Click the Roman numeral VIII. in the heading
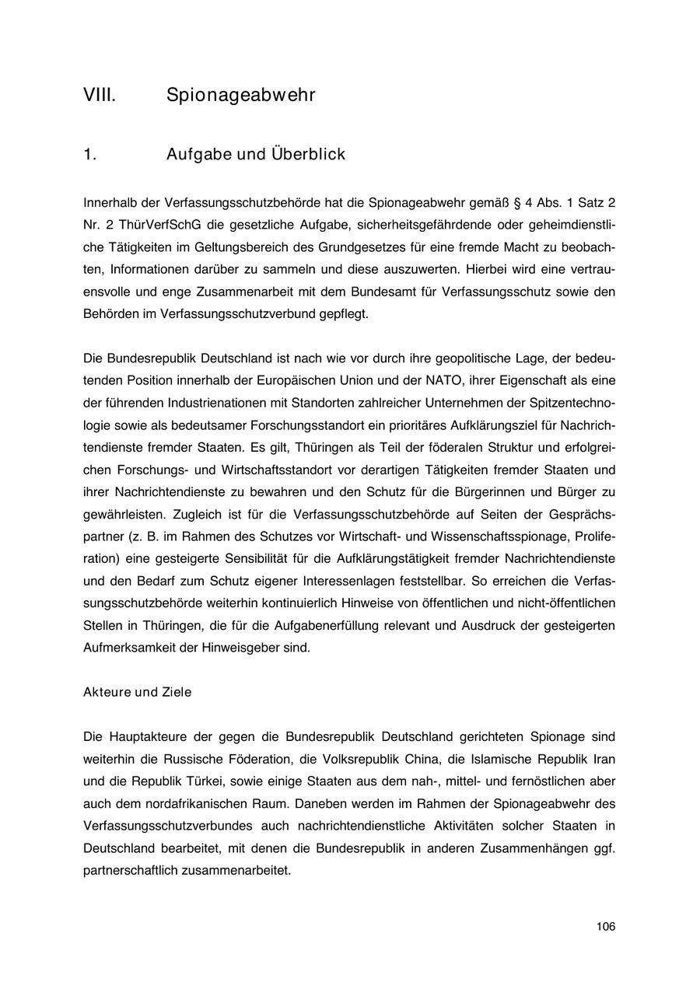(100, 96)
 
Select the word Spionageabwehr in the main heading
(240, 96)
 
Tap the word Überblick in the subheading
(308, 154)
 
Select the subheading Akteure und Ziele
(137, 692)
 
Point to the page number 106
(606, 926)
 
